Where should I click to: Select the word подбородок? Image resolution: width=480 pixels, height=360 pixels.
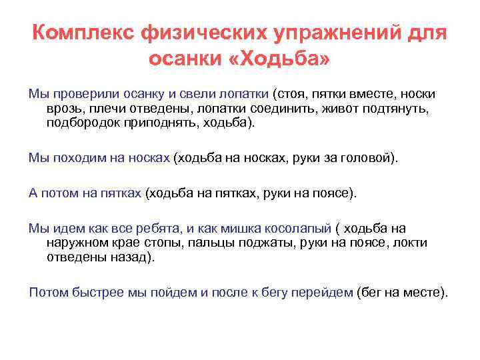click(83, 123)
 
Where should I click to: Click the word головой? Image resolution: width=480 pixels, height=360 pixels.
click(367, 158)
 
